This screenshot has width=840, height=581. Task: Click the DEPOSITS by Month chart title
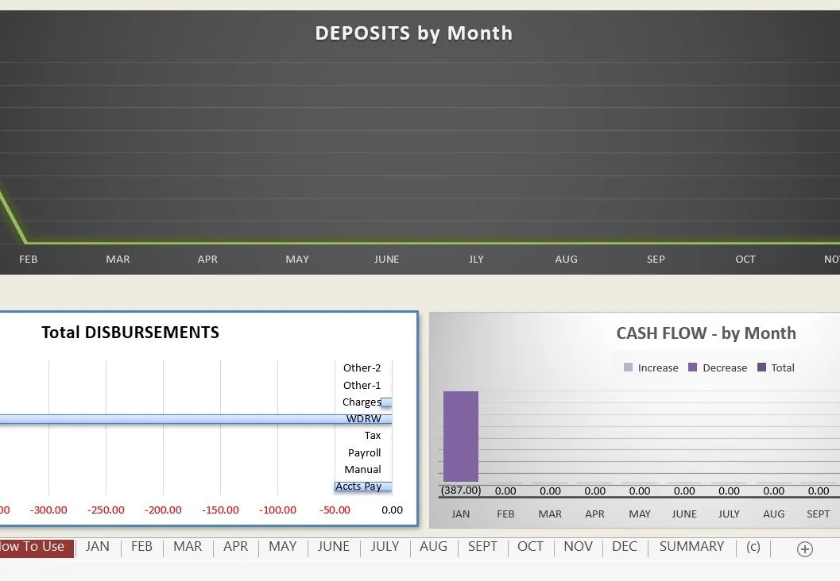pyautogui.click(x=413, y=33)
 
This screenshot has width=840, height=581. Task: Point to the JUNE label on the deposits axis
pyautogui.click(x=386, y=259)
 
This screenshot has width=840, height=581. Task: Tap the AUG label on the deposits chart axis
pyautogui.click(x=567, y=259)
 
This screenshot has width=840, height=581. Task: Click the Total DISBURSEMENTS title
pyautogui.click(x=130, y=333)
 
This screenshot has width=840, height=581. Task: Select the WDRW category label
pyautogui.click(x=364, y=418)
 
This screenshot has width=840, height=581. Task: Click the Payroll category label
pyautogui.click(x=364, y=452)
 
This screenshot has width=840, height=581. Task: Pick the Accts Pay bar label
pyautogui.click(x=358, y=487)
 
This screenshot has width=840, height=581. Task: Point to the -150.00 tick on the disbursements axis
pyautogui.click(x=220, y=510)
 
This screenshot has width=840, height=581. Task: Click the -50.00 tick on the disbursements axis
pyautogui.click(x=335, y=510)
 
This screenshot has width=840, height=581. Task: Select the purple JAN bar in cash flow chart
pyautogui.click(x=461, y=437)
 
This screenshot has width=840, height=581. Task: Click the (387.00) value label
pyautogui.click(x=461, y=490)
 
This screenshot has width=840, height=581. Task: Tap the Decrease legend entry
pyautogui.click(x=718, y=367)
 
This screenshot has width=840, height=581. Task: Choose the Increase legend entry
pyautogui.click(x=651, y=367)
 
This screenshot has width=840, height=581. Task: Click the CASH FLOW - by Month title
pyautogui.click(x=706, y=333)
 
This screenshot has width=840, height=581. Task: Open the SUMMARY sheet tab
pyautogui.click(x=691, y=546)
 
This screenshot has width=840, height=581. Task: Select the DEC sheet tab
pyautogui.click(x=624, y=546)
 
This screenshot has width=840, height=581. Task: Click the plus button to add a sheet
pyautogui.click(x=805, y=549)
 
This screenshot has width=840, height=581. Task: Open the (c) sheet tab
pyautogui.click(x=753, y=546)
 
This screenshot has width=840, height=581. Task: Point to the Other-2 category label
pyautogui.click(x=362, y=368)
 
